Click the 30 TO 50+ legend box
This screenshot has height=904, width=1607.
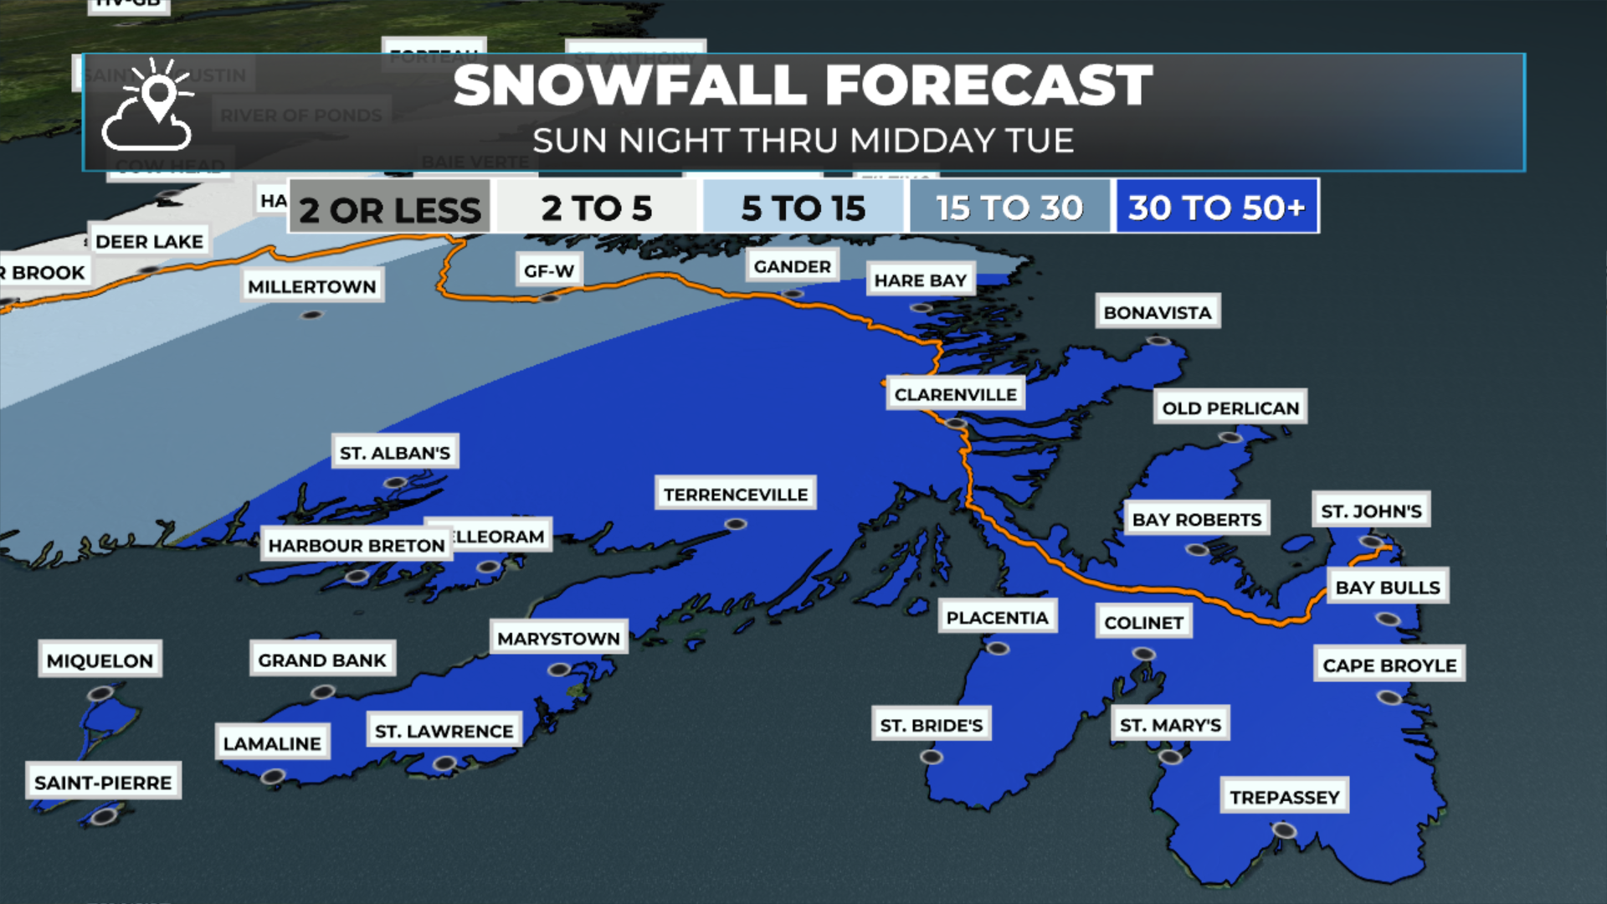tap(1217, 207)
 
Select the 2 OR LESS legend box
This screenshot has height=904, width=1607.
tap(390, 208)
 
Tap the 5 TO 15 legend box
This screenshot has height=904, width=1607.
tap(803, 208)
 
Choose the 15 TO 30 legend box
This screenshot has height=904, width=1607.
tap(1010, 208)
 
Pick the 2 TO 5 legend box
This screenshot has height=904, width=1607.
tap(597, 208)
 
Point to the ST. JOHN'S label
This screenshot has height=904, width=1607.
tap(1371, 511)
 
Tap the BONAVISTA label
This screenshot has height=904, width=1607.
tap(1158, 312)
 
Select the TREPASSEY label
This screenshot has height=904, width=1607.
tap(1285, 797)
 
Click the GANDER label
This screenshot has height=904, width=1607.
tap(792, 266)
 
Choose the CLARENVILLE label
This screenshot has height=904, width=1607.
tap(955, 394)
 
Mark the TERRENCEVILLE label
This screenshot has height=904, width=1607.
tap(736, 494)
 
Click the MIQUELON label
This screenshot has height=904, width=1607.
tap(100, 660)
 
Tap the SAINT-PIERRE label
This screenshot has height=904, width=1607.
tap(103, 783)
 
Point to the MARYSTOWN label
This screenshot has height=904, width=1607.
tap(558, 639)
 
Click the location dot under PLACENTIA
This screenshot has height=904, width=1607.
tap(997, 649)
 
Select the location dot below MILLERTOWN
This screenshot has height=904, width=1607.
tap(311, 316)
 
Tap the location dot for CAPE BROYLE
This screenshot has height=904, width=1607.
tap(1389, 697)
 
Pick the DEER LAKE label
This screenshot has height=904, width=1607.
tap(149, 241)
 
